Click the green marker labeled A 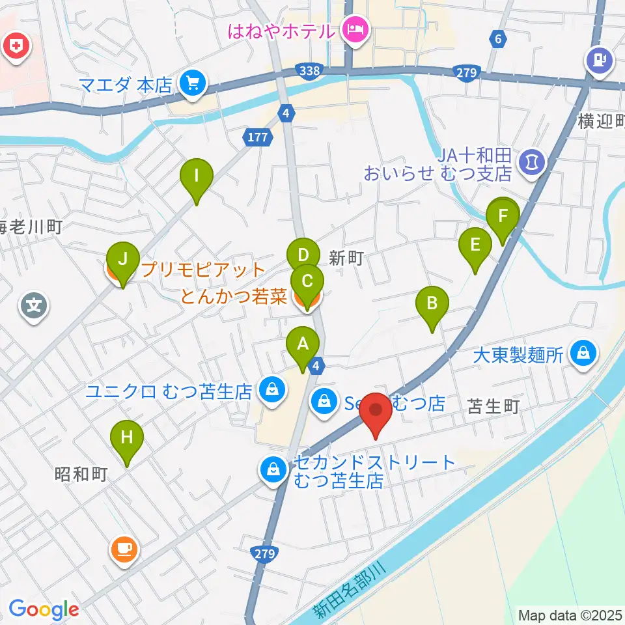click(x=303, y=344)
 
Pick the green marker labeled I click(x=197, y=176)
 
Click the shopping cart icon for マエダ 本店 click(x=193, y=83)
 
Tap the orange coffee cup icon click(x=124, y=549)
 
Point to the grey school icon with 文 click(x=34, y=304)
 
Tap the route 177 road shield click(x=255, y=137)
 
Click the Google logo click(x=43, y=609)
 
